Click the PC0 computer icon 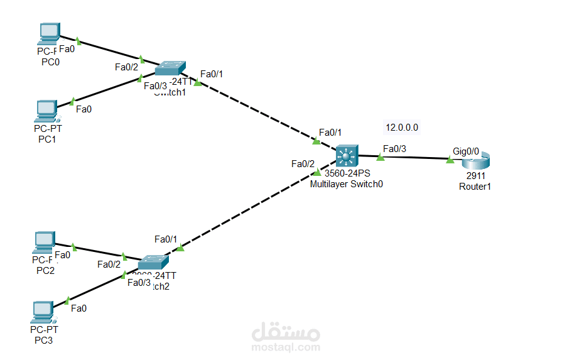(48, 33)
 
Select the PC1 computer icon (46, 110)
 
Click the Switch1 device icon (171, 67)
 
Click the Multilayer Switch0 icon (346, 155)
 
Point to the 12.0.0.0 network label (402, 128)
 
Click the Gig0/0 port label (466, 151)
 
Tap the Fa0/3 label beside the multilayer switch (394, 149)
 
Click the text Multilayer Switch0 (346, 184)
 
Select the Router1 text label (475, 187)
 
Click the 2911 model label (475, 177)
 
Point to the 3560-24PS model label (348, 173)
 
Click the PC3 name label (45, 340)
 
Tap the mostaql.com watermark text (286, 347)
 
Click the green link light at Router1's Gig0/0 (450, 160)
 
